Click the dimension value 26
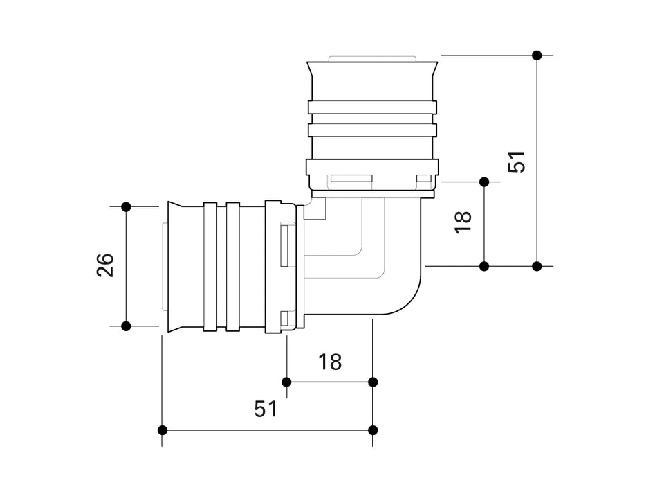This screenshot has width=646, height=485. (105, 265)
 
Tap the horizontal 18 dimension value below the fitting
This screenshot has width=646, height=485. (330, 361)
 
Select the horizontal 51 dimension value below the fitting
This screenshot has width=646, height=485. (266, 409)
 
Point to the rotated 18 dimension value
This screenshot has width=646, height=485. (463, 221)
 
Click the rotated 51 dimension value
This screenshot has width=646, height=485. (517, 161)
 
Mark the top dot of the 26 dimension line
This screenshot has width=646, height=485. (126, 206)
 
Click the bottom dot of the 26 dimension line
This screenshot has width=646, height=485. (126, 326)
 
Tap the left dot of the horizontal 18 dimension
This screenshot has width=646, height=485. (286, 382)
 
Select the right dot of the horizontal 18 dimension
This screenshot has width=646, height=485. (373, 382)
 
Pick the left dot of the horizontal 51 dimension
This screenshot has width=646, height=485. (163, 430)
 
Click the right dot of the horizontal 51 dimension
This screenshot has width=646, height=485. (373, 430)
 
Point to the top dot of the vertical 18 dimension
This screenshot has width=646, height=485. (484, 182)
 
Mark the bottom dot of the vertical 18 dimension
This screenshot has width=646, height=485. (484, 266)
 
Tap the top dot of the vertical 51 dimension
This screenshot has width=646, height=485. (537, 55)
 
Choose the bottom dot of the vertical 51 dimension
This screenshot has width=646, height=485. (537, 266)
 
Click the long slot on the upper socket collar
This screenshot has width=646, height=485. (352, 180)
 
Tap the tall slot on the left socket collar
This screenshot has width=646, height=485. (284, 245)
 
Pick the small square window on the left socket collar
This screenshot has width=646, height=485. (284, 318)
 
